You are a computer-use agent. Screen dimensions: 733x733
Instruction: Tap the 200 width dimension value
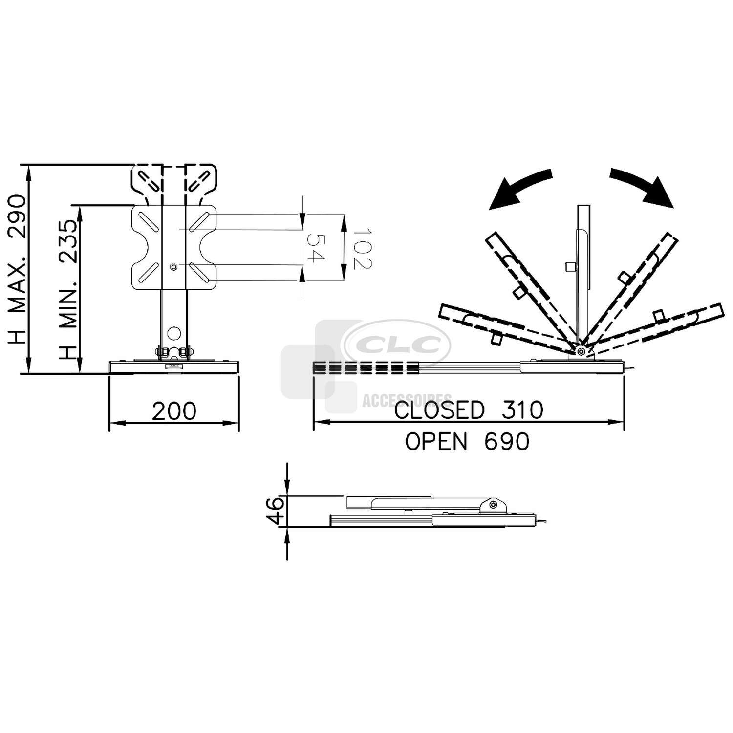point(174,411)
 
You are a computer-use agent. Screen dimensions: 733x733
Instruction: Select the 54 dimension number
point(316,248)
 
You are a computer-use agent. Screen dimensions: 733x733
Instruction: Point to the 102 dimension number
point(362,248)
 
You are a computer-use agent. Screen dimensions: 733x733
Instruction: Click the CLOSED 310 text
point(469,410)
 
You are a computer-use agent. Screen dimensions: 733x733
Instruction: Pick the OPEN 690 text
point(467,442)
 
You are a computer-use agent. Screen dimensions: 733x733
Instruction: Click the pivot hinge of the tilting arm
point(580,351)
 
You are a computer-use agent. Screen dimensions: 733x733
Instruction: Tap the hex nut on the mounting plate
point(174,266)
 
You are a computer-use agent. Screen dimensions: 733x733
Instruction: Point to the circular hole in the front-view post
point(173,334)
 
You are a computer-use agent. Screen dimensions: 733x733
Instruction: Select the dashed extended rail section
point(366,368)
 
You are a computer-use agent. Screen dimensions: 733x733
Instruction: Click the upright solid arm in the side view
point(583,274)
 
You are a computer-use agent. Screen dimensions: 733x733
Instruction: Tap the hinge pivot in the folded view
point(494,504)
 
